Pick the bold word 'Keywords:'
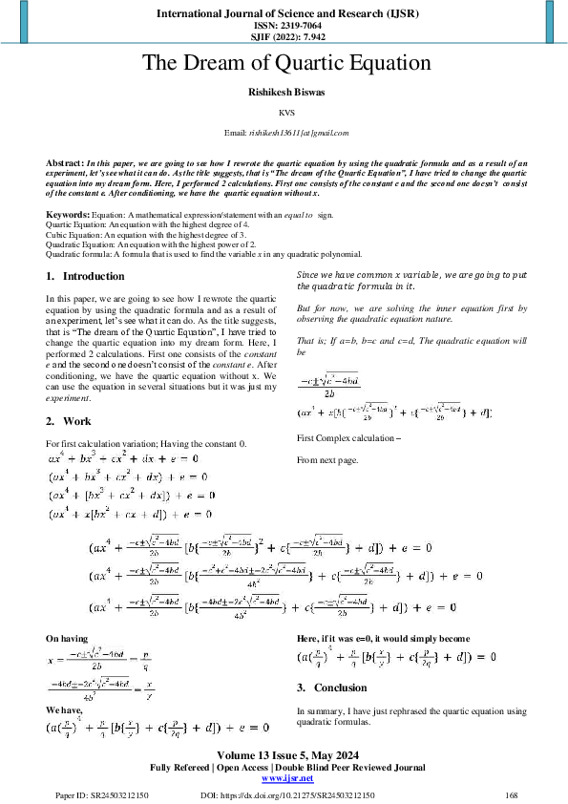(x=68, y=217)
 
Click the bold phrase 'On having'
(x=67, y=637)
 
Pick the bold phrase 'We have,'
(x=64, y=710)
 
